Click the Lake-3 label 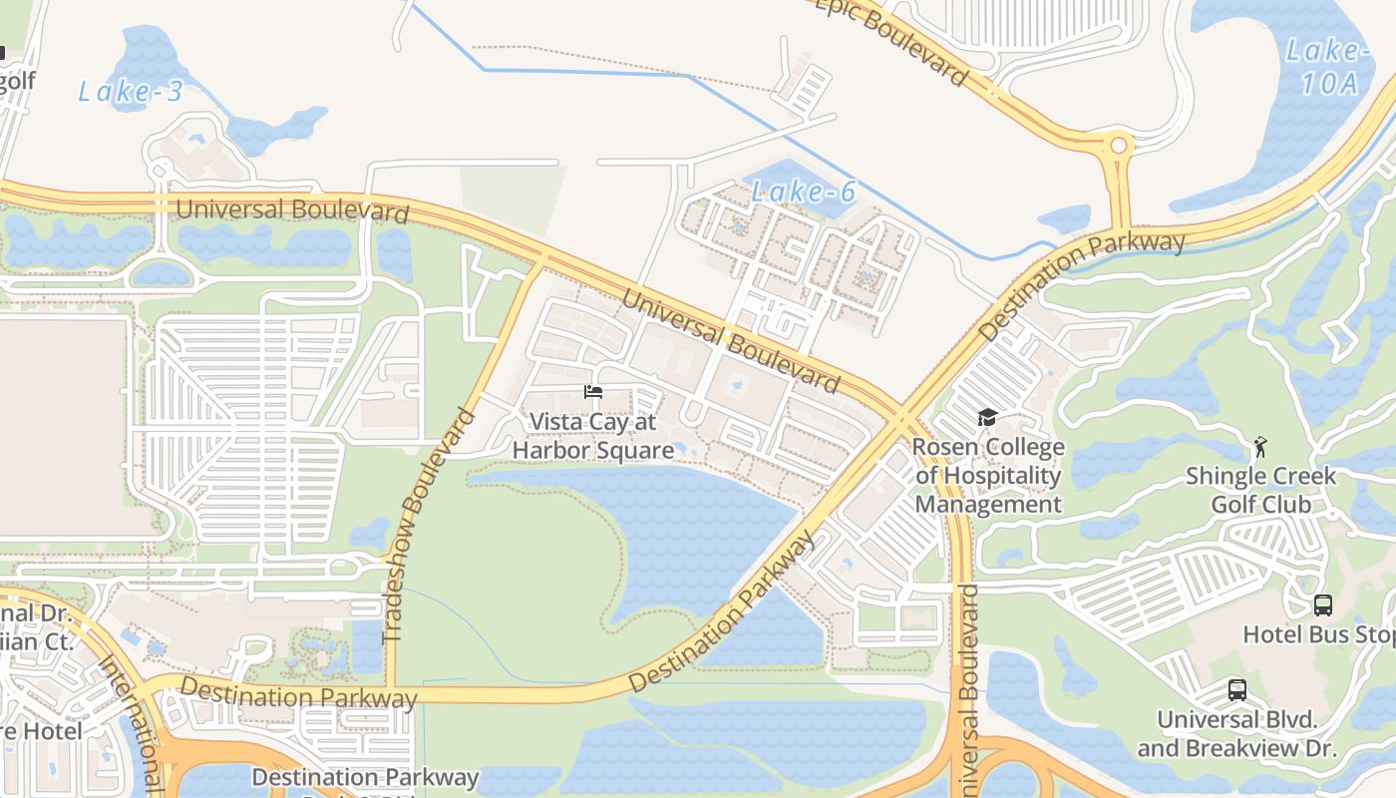131,92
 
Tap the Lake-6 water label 804,192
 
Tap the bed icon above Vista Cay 593,392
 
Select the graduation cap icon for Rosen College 987,417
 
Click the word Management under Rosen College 988,504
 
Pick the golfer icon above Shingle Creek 1260,446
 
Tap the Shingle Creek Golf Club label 1260,490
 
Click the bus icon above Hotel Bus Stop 1322,604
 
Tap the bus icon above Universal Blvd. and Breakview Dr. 1236,689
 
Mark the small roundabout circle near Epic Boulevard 1119,146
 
